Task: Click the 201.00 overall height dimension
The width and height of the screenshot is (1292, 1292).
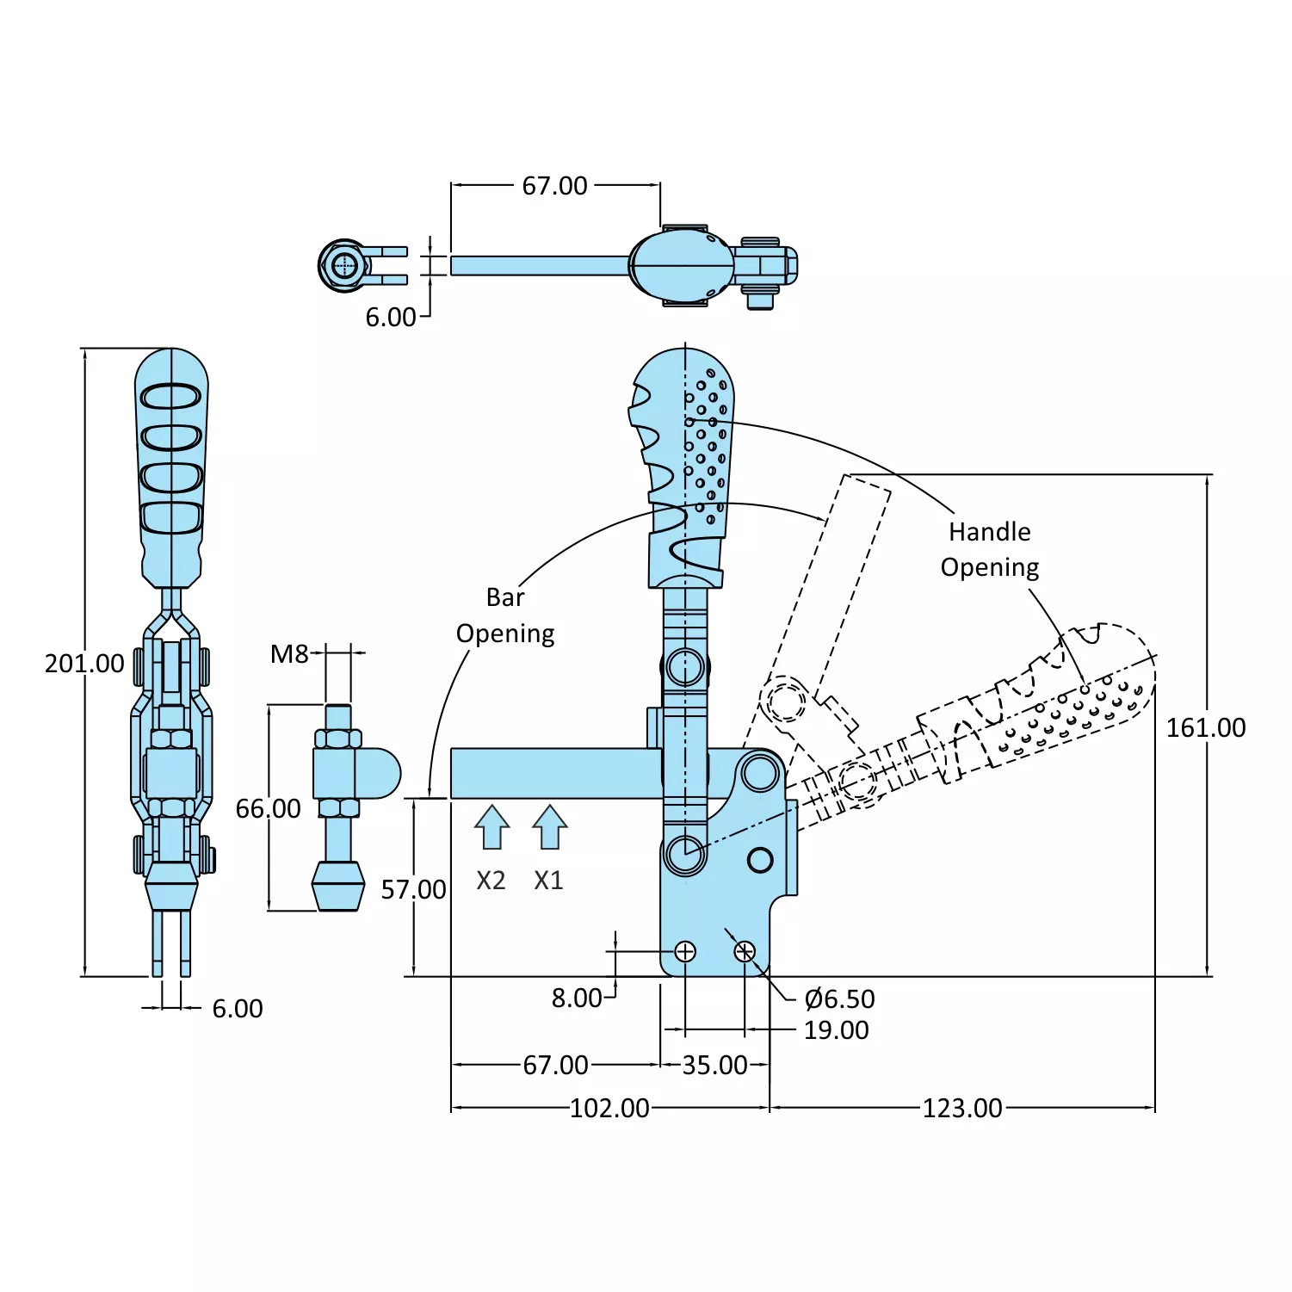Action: [x=84, y=664]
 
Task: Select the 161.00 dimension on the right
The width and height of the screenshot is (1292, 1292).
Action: [x=1205, y=728]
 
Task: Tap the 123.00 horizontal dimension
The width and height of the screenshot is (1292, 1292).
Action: [x=962, y=1108]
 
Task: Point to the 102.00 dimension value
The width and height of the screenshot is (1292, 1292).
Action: [x=609, y=1108]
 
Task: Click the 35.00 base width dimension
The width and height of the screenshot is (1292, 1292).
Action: [x=714, y=1066]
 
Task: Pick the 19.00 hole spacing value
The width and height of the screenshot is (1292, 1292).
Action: [x=836, y=1030]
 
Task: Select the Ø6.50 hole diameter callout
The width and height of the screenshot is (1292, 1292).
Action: [x=839, y=999]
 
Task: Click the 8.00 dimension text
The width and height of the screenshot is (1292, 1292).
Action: [x=576, y=998]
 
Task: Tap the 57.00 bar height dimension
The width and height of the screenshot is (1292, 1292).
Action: [x=414, y=890]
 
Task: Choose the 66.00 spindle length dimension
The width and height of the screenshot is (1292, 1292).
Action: [x=269, y=809]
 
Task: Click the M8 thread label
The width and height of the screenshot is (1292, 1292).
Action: [x=289, y=655]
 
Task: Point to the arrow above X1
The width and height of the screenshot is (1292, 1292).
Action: [x=549, y=827]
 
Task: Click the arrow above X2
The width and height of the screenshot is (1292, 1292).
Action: [x=491, y=827]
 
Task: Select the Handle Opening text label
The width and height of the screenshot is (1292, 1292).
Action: [x=990, y=550]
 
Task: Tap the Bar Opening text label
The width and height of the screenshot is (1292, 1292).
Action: [x=505, y=615]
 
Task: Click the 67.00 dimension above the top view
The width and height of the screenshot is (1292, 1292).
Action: [x=554, y=186]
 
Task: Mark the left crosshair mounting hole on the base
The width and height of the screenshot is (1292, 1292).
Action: [x=685, y=951]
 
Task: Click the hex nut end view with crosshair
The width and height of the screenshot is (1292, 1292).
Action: [x=345, y=265]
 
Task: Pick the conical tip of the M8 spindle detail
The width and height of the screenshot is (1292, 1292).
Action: [x=336, y=886]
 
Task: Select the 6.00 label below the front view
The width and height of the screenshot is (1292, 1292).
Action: [x=238, y=1009]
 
